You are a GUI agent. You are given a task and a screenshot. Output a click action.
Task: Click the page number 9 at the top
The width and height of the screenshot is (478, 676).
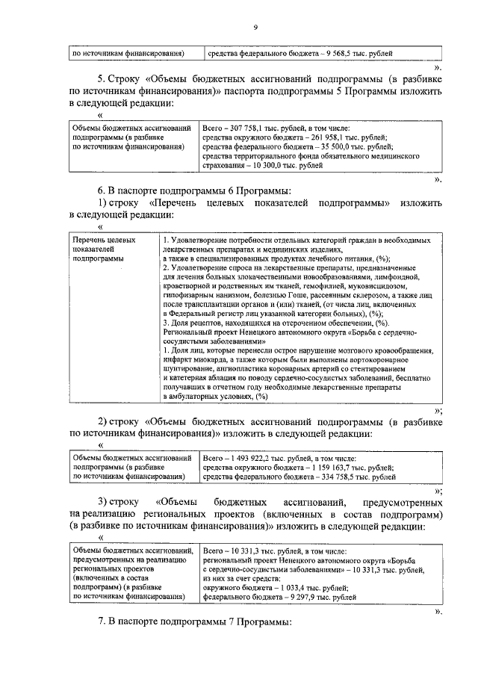(255, 28)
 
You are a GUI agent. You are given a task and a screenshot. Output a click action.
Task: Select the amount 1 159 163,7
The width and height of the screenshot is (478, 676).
(330, 467)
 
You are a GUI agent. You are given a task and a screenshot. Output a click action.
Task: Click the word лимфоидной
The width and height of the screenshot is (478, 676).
(409, 276)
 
